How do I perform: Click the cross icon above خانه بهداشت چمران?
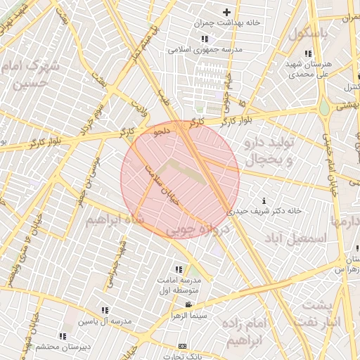pos(226,11)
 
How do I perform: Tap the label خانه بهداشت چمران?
pos(231,22)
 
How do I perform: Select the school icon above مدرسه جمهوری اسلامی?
pos(204,39)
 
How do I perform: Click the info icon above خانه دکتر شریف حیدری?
pos(264,200)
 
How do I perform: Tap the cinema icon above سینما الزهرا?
pos(188,304)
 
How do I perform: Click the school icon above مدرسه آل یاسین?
pos(105,310)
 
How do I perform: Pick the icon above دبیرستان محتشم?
pos(63,336)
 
